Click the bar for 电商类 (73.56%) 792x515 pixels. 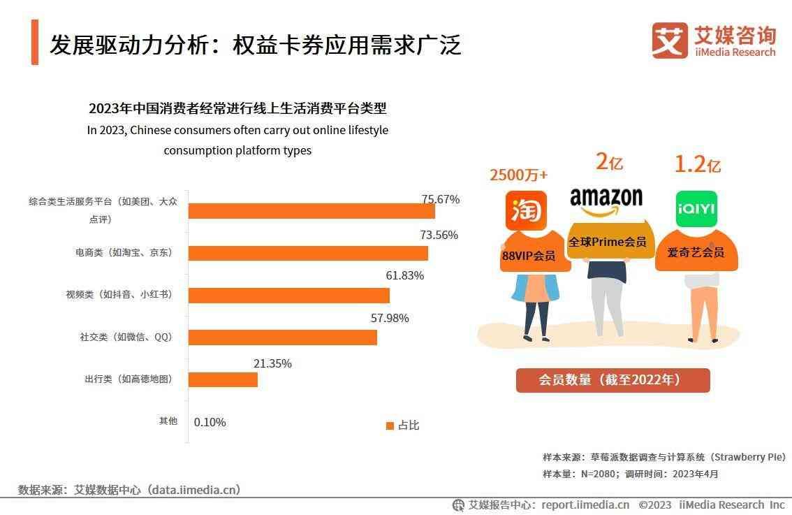tap(308, 253)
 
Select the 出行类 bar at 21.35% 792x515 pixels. tap(223, 379)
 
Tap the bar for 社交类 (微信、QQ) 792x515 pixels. tap(283, 338)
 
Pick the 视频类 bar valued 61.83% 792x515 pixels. tap(289, 295)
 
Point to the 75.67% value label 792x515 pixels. tap(440, 199)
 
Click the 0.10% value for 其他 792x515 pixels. tap(210, 422)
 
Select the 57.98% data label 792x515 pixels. tap(390, 319)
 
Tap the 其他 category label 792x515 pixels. tap(168, 421)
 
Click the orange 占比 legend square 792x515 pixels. tap(390, 426)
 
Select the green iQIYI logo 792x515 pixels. tap(696, 208)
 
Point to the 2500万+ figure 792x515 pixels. tap(518, 175)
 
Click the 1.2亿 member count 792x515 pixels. tap(697, 164)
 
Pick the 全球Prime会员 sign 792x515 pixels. tap(607, 242)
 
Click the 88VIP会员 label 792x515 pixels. tap(529, 256)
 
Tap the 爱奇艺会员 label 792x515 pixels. tap(696, 252)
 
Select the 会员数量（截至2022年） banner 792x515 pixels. tap(613, 380)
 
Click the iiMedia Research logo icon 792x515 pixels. tap(669, 41)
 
